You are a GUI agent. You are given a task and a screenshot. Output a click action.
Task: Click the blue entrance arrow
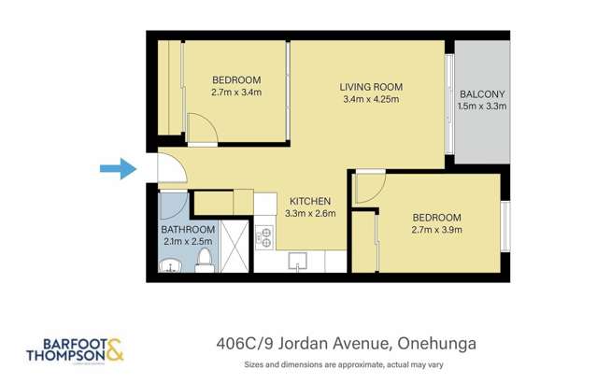(117, 168)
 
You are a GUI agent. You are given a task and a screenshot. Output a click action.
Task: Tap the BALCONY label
(482, 93)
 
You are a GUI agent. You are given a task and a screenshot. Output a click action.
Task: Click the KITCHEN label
(308, 201)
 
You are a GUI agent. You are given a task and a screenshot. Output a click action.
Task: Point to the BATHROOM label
(188, 230)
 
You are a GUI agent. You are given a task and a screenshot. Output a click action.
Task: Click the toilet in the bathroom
(205, 265)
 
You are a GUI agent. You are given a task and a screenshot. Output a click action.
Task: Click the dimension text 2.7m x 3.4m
(235, 92)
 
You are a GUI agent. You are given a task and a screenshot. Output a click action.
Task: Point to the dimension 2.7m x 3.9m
(436, 231)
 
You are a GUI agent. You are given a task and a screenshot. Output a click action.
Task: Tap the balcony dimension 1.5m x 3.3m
(482, 107)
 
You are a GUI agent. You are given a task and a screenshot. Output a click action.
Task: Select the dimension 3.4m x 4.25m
(371, 100)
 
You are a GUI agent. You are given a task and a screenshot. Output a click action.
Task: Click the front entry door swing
(169, 168)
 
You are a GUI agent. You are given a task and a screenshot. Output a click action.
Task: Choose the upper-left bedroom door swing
(201, 127)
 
